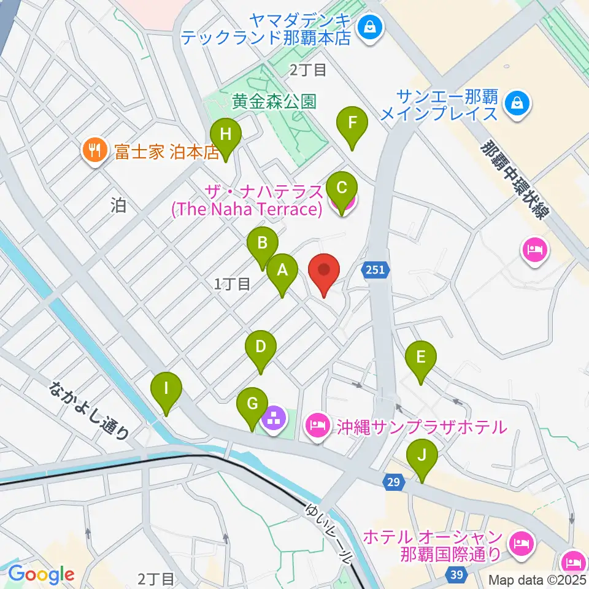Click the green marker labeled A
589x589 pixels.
[x=282, y=271]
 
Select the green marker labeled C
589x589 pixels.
[x=342, y=187]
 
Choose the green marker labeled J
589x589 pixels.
[x=422, y=456]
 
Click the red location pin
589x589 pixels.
[x=324, y=271]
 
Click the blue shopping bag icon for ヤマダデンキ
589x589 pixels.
[x=371, y=26]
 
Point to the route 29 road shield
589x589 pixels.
[x=393, y=483]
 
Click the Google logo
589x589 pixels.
[x=41, y=574]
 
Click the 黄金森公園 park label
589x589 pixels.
[x=274, y=101]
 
